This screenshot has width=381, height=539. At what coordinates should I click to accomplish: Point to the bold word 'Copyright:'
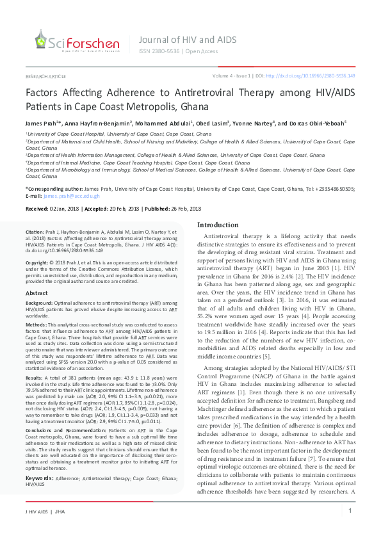(x=37, y=263)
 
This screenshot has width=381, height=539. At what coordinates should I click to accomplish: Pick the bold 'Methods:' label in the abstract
(x=36, y=325)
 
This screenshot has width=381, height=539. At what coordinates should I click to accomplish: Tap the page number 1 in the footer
(x=350, y=511)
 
